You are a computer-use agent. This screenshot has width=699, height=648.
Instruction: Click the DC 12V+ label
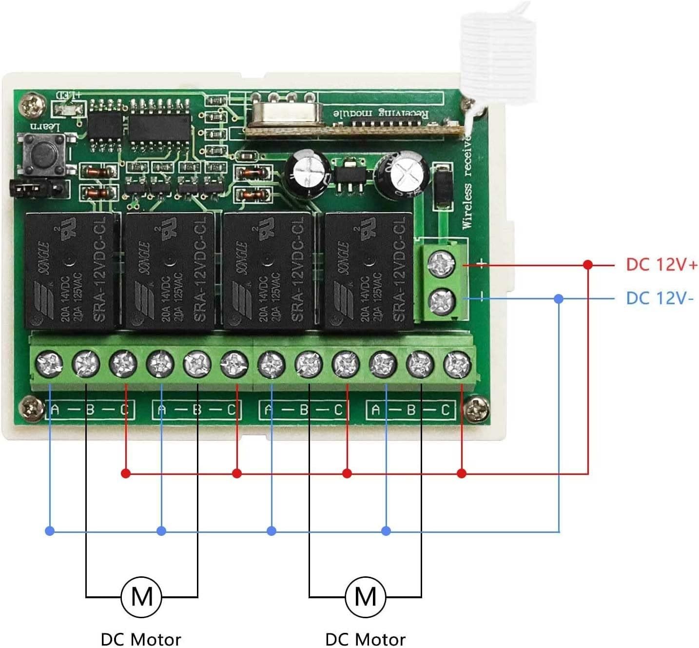(661, 265)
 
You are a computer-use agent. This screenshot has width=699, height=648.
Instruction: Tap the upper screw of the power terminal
(441, 264)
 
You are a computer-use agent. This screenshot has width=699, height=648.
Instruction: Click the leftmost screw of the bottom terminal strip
(49, 363)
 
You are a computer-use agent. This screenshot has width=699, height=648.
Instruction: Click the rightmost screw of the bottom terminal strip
(457, 363)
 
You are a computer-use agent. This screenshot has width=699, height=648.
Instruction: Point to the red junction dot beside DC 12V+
(588, 265)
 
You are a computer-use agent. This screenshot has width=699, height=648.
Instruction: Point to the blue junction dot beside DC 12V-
(559, 298)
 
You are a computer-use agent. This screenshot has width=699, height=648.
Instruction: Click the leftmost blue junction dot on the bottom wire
(49, 530)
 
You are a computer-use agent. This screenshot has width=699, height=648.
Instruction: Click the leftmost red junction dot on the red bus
(126, 473)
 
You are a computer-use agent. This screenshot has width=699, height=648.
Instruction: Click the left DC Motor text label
(140, 639)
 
